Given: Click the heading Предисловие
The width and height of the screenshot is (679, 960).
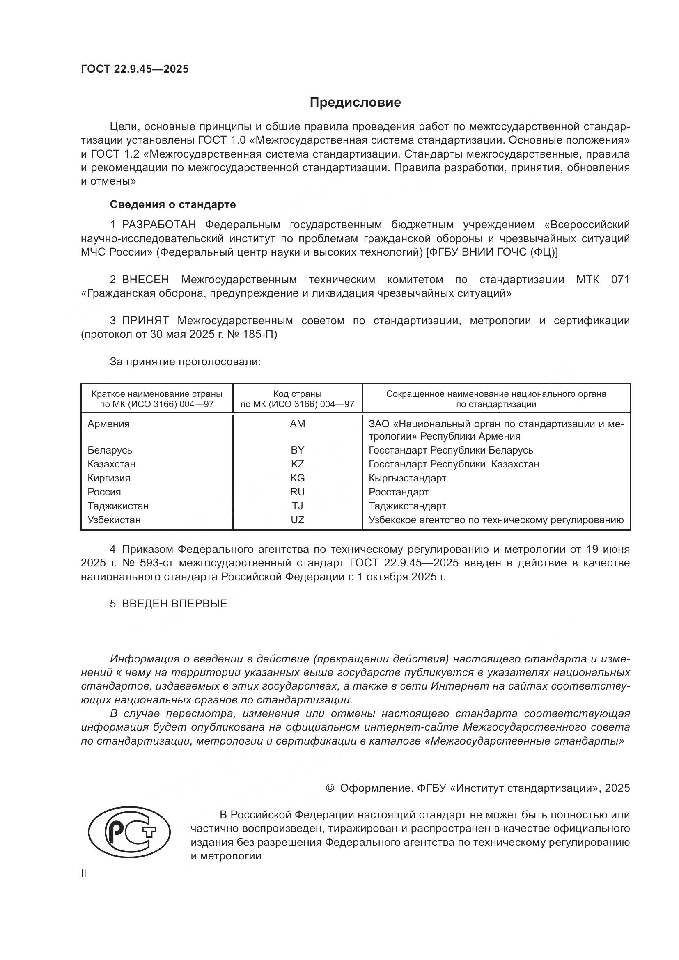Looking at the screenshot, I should (x=355, y=103).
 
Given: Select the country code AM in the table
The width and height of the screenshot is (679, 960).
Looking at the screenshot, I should (x=297, y=424).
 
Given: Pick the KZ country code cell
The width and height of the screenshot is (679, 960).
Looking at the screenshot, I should (x=297, y=464).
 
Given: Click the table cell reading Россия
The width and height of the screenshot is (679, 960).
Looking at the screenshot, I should (x=104, y=492).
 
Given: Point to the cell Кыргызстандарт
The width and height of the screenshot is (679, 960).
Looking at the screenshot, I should (x=407, y=478).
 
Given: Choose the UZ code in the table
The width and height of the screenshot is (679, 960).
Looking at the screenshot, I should (x=297, y=520).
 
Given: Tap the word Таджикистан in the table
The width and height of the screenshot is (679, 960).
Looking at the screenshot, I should (x=118, y=506).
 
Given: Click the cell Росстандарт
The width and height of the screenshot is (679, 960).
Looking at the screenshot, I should (x=399, y=492).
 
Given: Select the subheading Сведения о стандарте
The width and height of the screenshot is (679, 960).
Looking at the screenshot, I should (x=173, y=204).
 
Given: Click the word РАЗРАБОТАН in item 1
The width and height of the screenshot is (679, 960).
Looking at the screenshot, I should (x=159, y=225).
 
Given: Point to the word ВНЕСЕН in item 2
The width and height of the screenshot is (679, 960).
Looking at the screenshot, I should (x=145, y=280).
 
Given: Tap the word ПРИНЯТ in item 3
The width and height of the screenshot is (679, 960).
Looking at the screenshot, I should (x=145, y=321).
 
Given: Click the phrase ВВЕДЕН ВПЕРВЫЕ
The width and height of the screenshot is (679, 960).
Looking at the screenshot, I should (x=174, y=604).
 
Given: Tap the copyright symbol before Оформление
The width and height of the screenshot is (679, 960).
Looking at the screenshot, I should (x=330, y=788).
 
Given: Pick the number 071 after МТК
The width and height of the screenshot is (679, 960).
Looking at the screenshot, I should (x=620, y=280).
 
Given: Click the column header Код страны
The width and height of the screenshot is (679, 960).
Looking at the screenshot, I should (x=297, y=394).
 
